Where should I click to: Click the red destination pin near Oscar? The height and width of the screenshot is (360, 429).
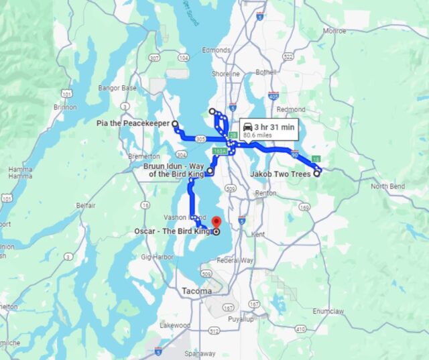[x=216, y=223]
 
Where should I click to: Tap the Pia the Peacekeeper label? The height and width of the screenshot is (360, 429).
[x=133, y=124]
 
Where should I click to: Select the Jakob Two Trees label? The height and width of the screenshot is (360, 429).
[x=280, y=174]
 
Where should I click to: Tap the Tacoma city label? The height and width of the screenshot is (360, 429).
[x=196, y=292]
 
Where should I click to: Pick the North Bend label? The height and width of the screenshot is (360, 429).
[x=388, y=186]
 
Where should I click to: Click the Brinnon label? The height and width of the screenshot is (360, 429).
[x=64, y=107]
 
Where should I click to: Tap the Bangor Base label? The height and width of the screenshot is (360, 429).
[x=117, y=88]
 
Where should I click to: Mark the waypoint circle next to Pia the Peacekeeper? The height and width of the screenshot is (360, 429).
[x=175, y=124]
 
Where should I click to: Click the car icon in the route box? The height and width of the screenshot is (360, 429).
[x=247, y=127]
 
